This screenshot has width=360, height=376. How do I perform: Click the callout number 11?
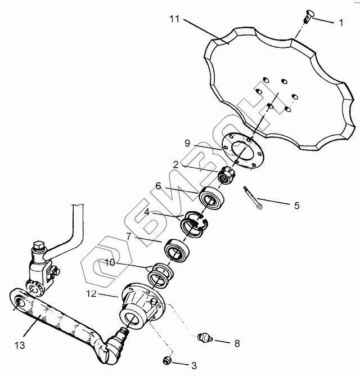click(174, 19)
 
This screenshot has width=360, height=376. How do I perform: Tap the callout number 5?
click(296, 205)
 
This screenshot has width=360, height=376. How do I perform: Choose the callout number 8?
click(237, 342)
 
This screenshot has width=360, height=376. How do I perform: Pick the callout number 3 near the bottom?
click(193, 365)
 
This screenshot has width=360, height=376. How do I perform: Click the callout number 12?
click(92, 294)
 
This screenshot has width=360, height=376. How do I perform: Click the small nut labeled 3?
click(166, 360)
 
